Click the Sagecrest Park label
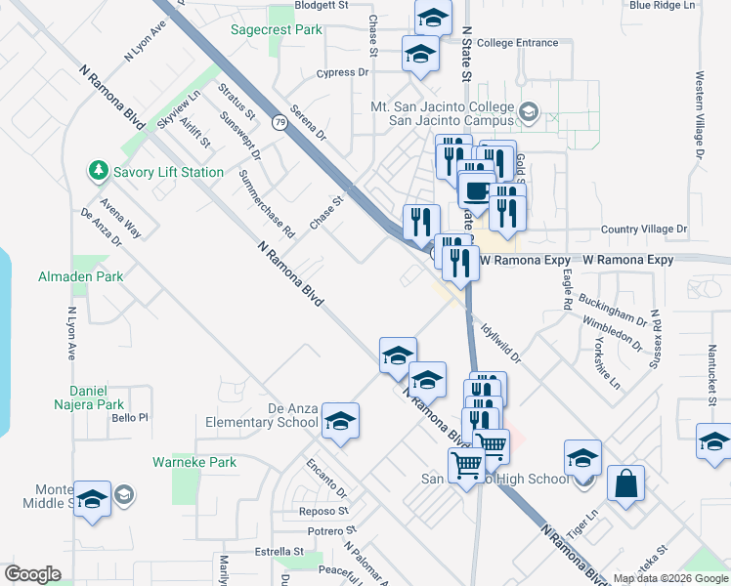click(x=277, y=30)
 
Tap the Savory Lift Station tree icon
click(x=99, y=172)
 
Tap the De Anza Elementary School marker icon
click(x=340, y=421)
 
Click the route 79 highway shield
click(x=280, y=123)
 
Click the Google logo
click(x=32, y=573)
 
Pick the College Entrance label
click(x=518, y=43)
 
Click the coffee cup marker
click(x=476, y=189)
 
